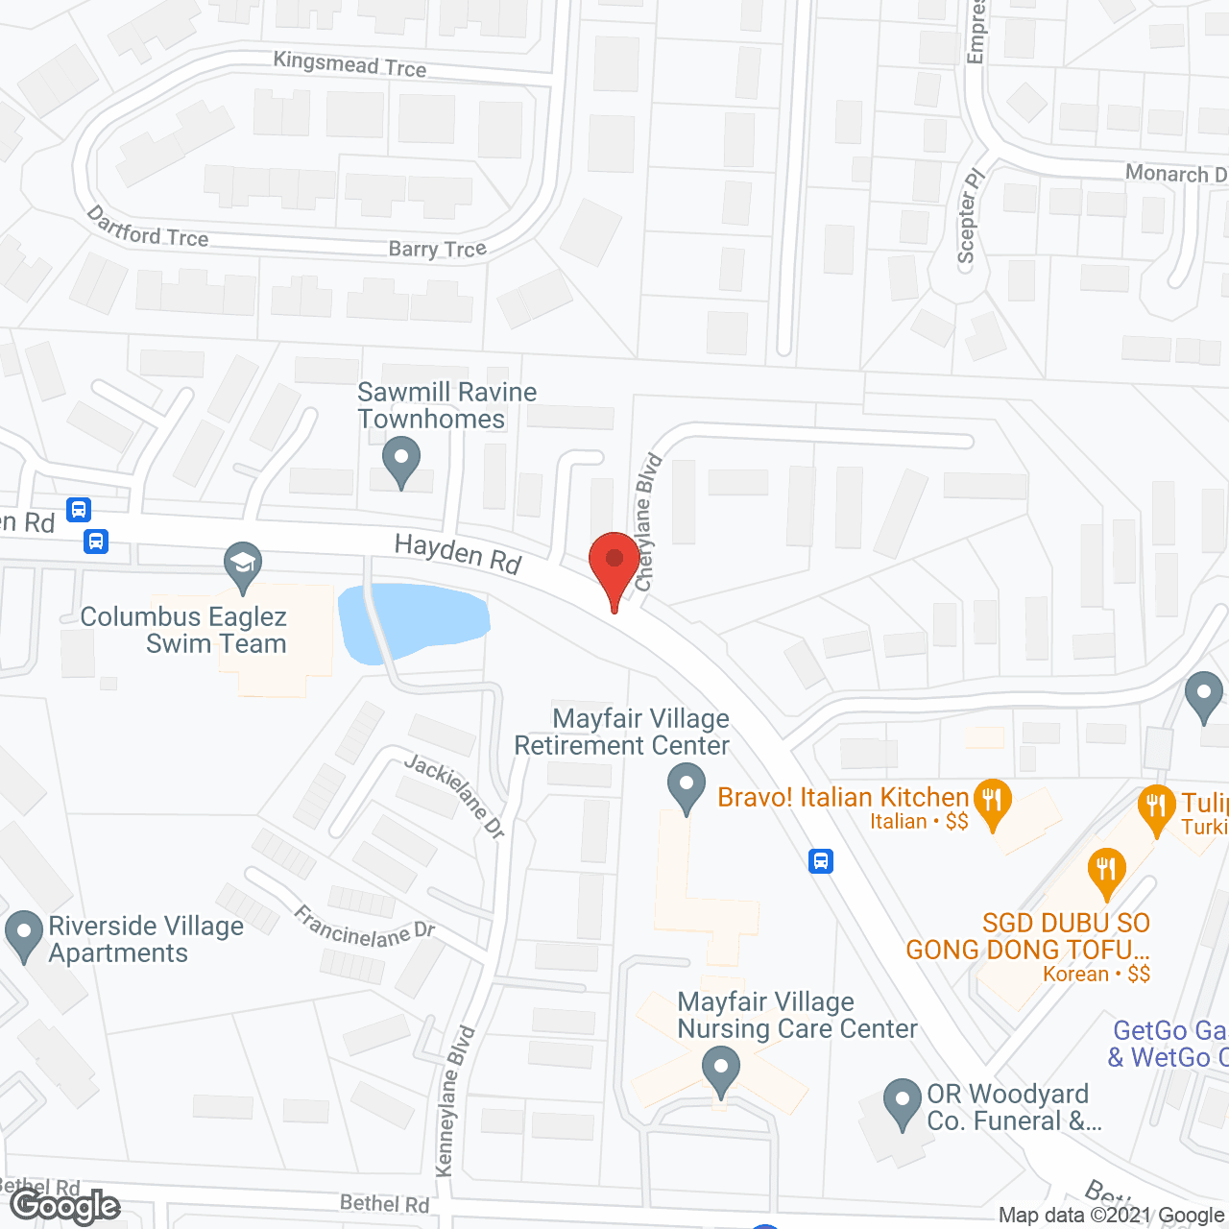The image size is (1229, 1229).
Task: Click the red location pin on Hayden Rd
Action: tap(614, 562)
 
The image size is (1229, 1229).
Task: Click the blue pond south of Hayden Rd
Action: tap(414, 620)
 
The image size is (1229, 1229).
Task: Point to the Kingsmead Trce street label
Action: tap(349, 65)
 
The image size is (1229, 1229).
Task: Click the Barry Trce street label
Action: tap(437, 250)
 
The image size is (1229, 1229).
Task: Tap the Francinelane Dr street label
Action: tap(365, 928)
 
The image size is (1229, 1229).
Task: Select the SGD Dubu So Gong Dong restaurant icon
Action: tap(1106, 871)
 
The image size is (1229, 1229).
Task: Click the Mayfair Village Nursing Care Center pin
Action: tap(720, 1069)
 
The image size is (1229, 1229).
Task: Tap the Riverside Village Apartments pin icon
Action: tap(23, 934)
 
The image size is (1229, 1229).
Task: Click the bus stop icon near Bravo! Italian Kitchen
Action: tap(820, 860)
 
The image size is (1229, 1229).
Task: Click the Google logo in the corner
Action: tap(65, 1206)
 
